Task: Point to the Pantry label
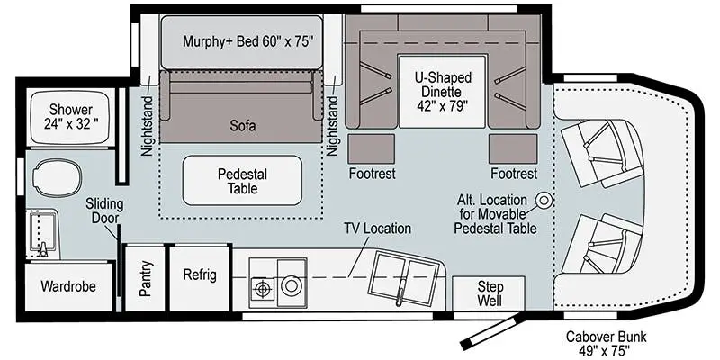(x=146, y=278)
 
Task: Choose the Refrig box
(x=199, y=275)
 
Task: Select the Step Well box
(x=490, y=292)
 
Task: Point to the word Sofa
(x=241, y=127)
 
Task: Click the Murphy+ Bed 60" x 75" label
(x=241, y=40)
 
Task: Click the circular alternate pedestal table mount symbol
(x=544, y=200)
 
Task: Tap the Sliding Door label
(x=104, y=212)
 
